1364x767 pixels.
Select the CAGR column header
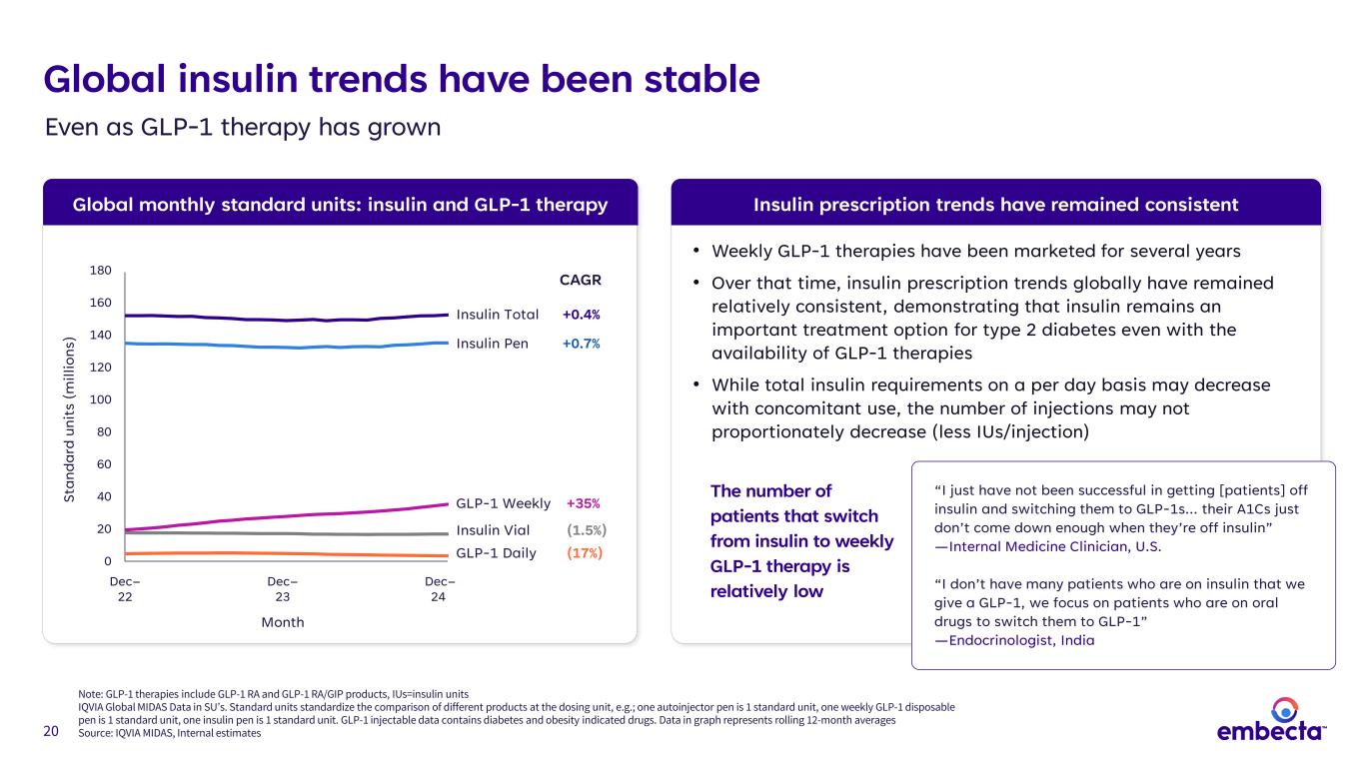[x=580, y=280]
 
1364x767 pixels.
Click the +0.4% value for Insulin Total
[x=581, y=315]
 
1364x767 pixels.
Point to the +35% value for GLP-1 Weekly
[x=584, y=503]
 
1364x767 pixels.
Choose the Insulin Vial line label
[x=493, y=530]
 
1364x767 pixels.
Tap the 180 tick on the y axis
[x=101, y=271]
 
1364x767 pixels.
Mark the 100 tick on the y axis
[x=101, y=399]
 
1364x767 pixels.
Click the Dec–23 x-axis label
[x=282, y=589]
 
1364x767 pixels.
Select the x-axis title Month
[x=282, y=622]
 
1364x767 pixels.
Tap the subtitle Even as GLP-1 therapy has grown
[x=243, y=128]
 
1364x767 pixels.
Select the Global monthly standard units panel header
[x=340, y=205]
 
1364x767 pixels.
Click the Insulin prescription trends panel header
[x=995, y=205]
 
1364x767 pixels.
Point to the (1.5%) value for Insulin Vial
[x=587, y=530]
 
